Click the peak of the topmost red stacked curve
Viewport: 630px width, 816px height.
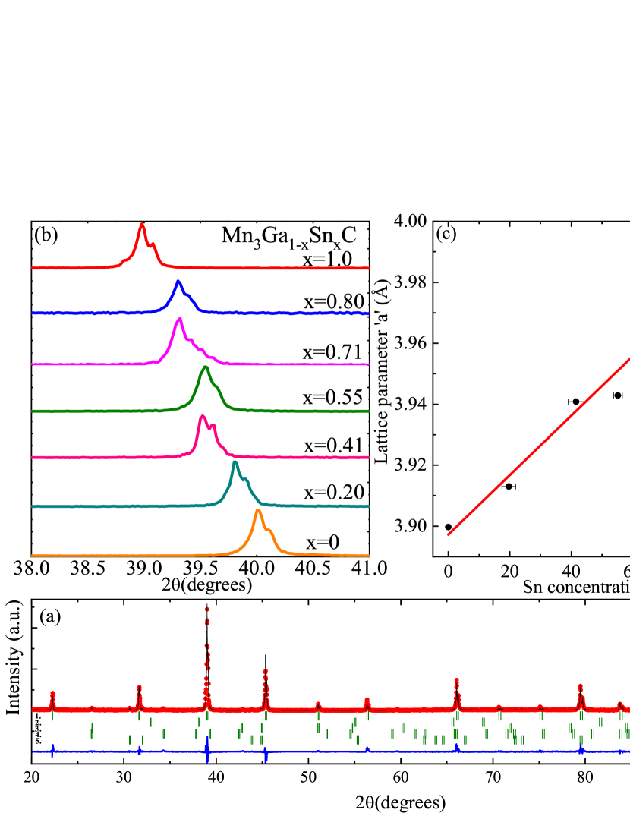(142, 225)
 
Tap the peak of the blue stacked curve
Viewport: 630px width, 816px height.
(178, 282)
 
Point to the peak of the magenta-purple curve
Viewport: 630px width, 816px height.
(179, 319)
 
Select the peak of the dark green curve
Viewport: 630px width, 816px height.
(205, 367)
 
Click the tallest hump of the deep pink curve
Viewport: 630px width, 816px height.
(202, 416)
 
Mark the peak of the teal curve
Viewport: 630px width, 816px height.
(235, 462)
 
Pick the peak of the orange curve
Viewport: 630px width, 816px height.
(258, 511)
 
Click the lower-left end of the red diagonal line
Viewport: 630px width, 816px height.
(449, 534)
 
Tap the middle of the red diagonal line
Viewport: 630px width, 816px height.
(540, 446)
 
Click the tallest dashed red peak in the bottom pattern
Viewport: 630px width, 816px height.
(206, 609)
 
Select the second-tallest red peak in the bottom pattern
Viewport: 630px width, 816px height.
(265, 670)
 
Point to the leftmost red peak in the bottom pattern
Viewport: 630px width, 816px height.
(52, 692)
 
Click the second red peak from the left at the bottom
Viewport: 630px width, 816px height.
(139, 687)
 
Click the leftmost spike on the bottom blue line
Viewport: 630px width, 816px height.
(52, 751)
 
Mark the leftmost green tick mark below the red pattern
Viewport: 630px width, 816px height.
(52, 716)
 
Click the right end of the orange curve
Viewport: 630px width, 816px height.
(369, 555)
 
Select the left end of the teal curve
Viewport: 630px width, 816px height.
(33, 506)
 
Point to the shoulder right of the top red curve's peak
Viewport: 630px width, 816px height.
(153, 244)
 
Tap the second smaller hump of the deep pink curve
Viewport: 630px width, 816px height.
(214, 426)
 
